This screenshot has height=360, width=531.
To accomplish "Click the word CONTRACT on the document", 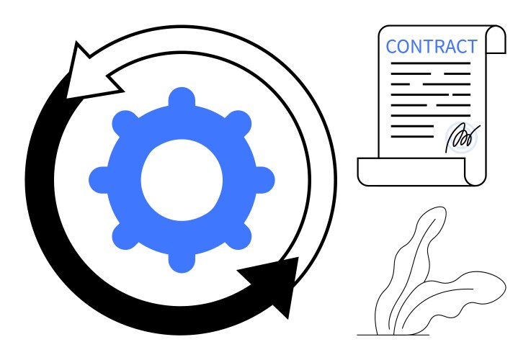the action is [432, 46].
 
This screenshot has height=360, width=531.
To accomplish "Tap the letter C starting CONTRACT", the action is [391, 46].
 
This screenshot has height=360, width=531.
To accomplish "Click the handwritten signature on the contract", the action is [462, 138].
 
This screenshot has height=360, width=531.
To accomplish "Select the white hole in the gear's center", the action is [182, 180].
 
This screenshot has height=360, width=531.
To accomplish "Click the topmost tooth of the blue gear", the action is [182, 97].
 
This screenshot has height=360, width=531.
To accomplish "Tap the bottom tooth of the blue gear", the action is [182, 263].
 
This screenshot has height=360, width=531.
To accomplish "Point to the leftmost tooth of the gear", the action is [99, 180].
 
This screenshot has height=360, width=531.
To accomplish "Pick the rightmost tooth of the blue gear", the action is [264, 180].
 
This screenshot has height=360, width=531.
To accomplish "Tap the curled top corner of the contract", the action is [496, 40].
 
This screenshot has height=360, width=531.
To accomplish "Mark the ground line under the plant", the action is [393, 335].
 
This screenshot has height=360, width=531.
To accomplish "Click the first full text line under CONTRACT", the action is [430, 63].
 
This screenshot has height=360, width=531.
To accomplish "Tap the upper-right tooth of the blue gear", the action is [238, 122].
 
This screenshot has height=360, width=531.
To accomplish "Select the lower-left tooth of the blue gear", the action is [125, 237].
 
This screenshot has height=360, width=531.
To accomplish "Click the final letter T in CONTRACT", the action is [472, 46].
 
